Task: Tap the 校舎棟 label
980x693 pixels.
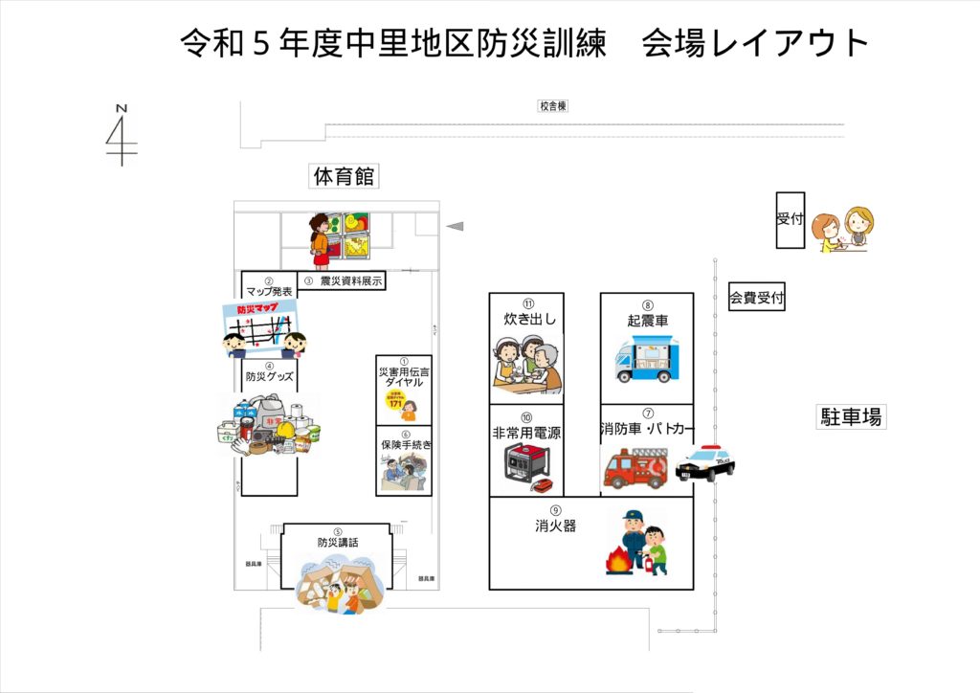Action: click(x=552, y=106)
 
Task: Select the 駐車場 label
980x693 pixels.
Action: click(x=850, y=416)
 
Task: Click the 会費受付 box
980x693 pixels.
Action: click(x=757, y=299)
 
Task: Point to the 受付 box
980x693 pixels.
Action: click(x=790, y=220)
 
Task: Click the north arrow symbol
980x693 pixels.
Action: click(x=122, y=134)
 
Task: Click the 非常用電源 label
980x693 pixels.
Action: click(x=526, y=433)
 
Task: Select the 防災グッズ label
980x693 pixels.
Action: click(x=269, y=377)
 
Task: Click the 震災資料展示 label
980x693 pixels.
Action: click(x=351, y=281)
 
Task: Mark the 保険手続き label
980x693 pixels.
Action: click(x=405, y=445)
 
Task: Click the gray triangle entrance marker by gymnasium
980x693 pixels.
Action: click(x=456, y=226)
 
